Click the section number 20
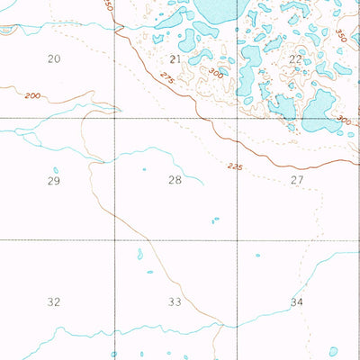[54, 58]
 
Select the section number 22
[296, 58]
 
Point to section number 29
[53, 181]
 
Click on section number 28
[175, 180]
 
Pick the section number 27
[296, 180]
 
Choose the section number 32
[54, 302]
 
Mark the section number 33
[175, 302]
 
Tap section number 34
[296, 301]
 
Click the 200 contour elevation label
[33, 95]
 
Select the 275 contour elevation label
[167, 78]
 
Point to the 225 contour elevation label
[236, 166]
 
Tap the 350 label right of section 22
[340, 36]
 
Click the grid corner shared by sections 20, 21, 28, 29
[114, 118]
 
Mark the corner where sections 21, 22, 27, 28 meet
[237, 118]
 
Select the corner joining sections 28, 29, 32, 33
[114, 240]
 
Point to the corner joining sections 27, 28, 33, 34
[237, 240]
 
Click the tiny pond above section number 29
[56, 169]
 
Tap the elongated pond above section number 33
[139, 255]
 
